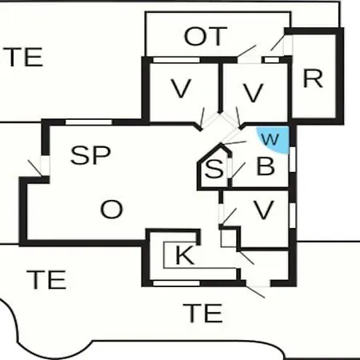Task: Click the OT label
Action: click(206, 36)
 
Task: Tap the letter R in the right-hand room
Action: click(313, 78)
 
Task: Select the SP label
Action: click(90, 155)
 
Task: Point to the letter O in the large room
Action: click(111, 210)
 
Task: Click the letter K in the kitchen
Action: click(185, 255)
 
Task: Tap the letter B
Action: click(266, 166)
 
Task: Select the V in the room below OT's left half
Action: click(181, 89)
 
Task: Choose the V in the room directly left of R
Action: click(254, 93)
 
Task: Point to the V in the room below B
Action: click(264, 210)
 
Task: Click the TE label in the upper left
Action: click(22, 57)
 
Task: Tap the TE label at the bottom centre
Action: click(202, 313)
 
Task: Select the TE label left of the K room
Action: click(46, 279)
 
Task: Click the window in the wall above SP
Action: click(89, 122)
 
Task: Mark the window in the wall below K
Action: click(176, 283)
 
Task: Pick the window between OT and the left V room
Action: click(176, 60)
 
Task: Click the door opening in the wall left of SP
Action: click(45, 166)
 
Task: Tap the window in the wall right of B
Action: click(293, 159)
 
